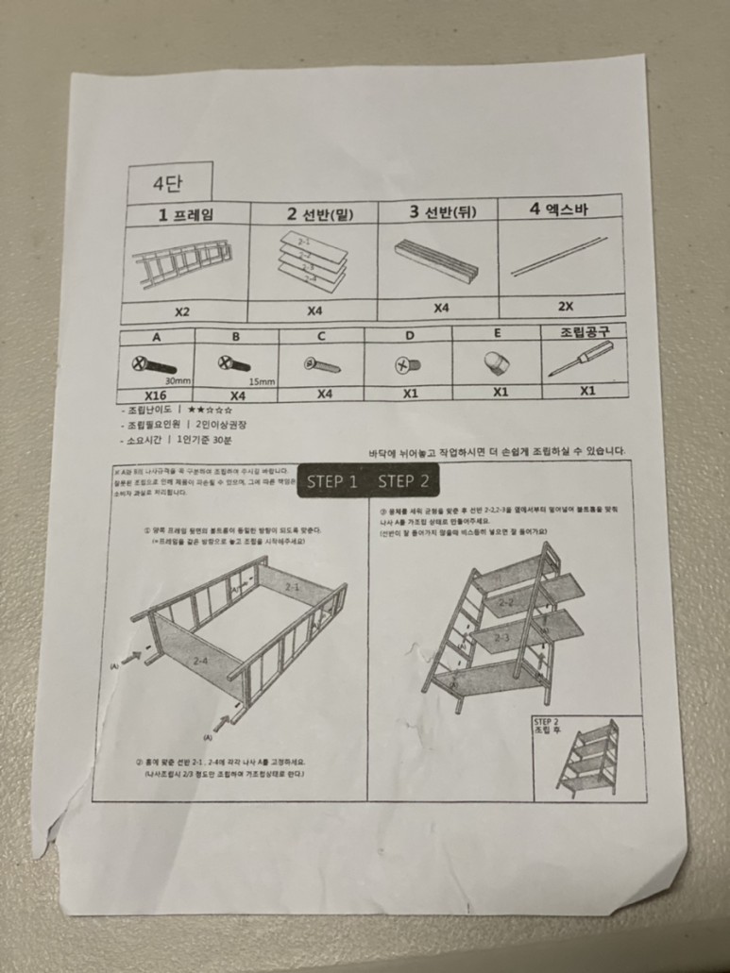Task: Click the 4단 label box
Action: (170, 182)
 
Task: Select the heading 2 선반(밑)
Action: (319, 213)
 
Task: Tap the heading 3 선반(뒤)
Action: (442, 211)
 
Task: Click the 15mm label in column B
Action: (262, 381)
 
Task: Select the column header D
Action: (408, 335)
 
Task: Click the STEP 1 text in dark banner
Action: (332, 481)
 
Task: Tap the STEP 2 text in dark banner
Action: (403, 481)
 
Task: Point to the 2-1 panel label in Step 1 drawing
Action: (293, 588)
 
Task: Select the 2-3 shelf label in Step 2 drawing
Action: (502, 637)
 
